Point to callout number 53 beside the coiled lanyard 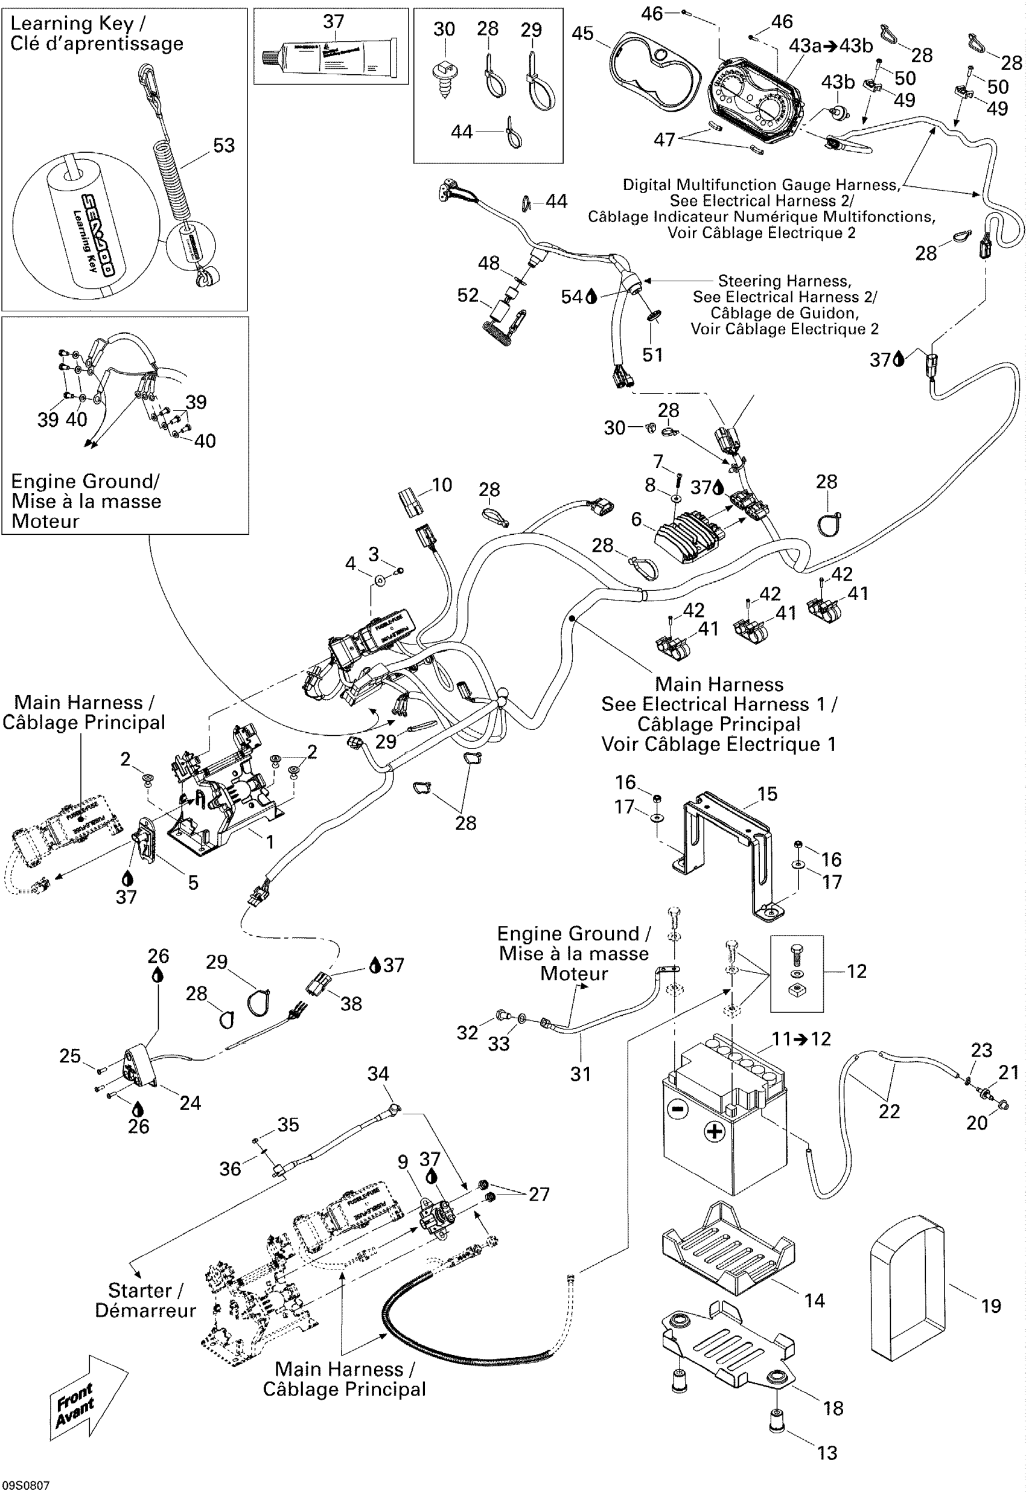(224, 146)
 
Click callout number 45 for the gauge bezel (582, 33)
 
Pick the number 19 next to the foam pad (990, 1306)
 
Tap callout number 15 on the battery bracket (767, 794)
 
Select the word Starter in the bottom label (139, 1290)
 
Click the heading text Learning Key (72, 24)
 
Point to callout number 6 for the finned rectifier (637, 519)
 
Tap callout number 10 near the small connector (442, 485)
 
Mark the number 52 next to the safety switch (467, 296)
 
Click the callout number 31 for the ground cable (581, 1074)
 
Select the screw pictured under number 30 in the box (444, 76)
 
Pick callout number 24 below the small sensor (190, 1103)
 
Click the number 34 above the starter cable (378, 1074)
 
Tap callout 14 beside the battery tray (814, 1300)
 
